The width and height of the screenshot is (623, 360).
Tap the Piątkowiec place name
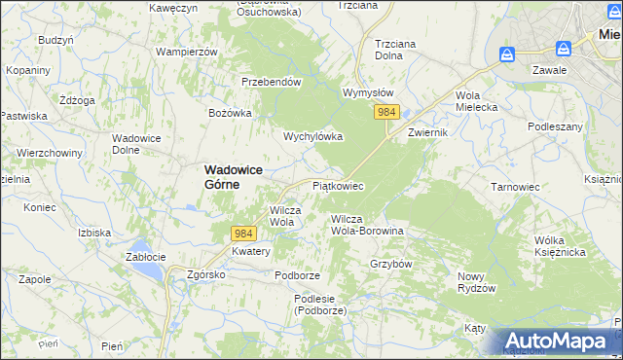point(338,185)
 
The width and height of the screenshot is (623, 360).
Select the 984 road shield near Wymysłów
point(386,113)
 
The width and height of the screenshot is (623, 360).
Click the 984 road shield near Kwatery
point(244,234)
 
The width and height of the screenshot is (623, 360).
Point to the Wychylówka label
point(312,137)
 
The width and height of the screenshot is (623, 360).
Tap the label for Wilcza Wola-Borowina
point(367,226)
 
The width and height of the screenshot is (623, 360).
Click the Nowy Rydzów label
point(477,282)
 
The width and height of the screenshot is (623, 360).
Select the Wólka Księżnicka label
point(559,246)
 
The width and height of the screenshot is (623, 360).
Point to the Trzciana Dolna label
point(402,49)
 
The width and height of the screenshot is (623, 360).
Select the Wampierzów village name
point(185,51)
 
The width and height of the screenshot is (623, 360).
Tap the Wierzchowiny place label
point(48,153)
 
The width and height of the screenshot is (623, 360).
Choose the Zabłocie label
point(147,258)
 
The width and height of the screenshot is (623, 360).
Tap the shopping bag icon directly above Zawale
point(563,49)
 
